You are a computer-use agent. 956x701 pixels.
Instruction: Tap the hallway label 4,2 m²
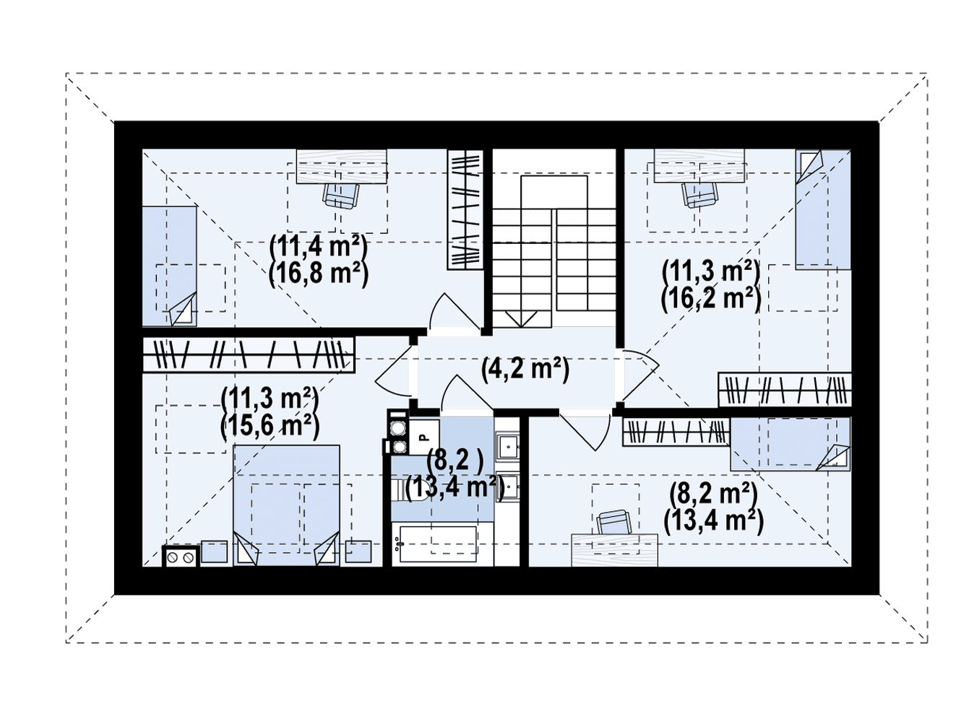pos(525,370)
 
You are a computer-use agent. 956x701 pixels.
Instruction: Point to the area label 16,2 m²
pos(711,300)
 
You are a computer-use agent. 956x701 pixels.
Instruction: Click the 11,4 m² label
pos(319,247)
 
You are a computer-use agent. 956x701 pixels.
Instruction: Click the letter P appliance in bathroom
pos(423,437)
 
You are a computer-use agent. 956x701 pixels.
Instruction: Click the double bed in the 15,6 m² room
pos(286,505)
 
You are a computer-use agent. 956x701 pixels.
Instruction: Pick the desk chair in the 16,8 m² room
pos(340,196)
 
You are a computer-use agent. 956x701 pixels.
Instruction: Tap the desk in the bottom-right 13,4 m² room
pos(614,550)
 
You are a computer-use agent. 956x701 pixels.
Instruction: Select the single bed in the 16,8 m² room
pos(169,266)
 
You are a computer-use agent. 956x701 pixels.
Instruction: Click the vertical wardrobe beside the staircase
pos(465,210)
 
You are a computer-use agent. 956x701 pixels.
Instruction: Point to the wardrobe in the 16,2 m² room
pos(785,390)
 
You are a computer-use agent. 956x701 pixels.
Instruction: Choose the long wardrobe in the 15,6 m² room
pos(249,354)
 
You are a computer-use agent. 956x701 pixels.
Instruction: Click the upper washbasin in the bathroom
pos(507,446)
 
